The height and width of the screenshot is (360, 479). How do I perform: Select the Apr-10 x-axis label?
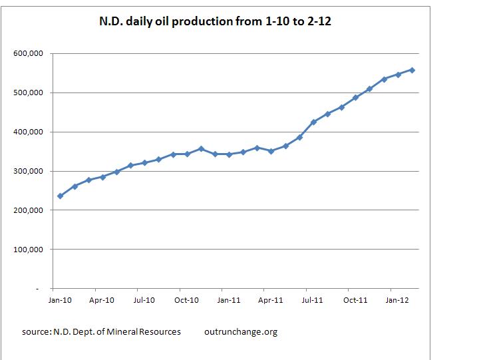coord(102,301)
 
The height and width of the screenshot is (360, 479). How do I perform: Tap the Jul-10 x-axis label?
coord(144,301)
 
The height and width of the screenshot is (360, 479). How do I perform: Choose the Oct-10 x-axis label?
coord(187,301)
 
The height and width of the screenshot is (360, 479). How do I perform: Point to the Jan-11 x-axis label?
coord(229,301)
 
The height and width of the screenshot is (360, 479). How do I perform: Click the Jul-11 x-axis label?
coord(313,301)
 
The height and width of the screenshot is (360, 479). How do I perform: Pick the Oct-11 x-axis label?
coord(356,301)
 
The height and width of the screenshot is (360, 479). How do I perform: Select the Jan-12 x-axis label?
coord(398,301)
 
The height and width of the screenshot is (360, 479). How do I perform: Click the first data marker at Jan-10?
coord(61,196)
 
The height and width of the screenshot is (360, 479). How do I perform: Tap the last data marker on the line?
coord(412,70)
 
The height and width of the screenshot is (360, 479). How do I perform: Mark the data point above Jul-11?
coord(313,122)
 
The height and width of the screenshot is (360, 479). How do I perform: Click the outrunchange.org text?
coord(241,331)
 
